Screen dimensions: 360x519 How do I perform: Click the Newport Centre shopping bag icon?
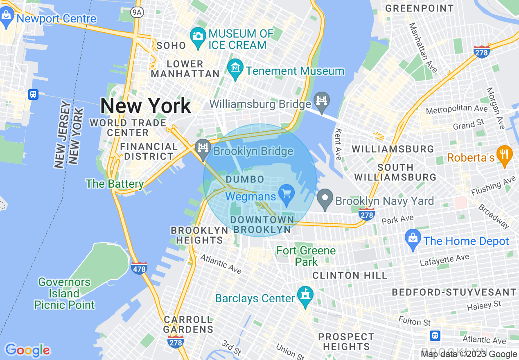pos(7,17)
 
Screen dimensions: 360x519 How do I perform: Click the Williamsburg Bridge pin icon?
pos(322,101)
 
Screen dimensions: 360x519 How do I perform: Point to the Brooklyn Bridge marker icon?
pos(203,147)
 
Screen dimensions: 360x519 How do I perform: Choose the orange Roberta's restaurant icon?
pos(504,155)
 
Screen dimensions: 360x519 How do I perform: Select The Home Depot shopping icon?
pos(413,239)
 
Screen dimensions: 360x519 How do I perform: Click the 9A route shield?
pos(136,13)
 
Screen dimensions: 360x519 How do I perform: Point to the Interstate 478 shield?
pos(140,268)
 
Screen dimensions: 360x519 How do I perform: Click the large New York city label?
pos(145,106)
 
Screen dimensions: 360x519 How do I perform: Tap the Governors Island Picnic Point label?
pos(64,293)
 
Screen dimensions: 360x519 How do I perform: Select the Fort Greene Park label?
pos(306,256)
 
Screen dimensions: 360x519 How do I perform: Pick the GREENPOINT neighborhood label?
pos(419,8)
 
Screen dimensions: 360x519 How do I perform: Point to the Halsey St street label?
pos(485,306)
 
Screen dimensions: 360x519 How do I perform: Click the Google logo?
pos(27,350)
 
